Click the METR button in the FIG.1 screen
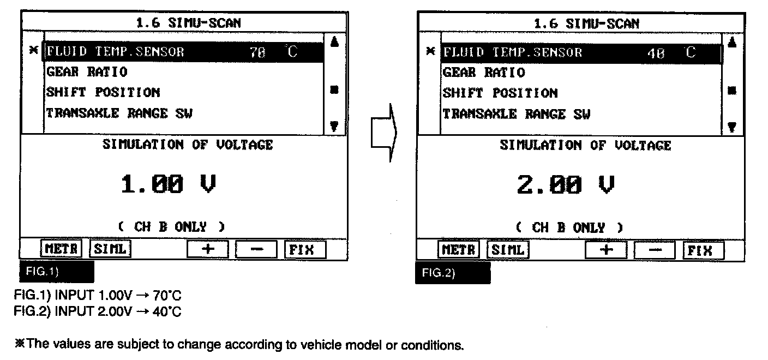click(61, 249)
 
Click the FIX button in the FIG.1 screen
click(305, 249)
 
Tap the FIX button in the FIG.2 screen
click(704, 250)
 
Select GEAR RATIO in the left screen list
click(87, 72)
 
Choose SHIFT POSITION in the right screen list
click(500, 93)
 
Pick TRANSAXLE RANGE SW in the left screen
click(119, 113)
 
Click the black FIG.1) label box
click(57, 271)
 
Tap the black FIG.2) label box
click(453, 273)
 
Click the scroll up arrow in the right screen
click(733, 41)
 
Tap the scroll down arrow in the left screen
click(334, 125)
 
